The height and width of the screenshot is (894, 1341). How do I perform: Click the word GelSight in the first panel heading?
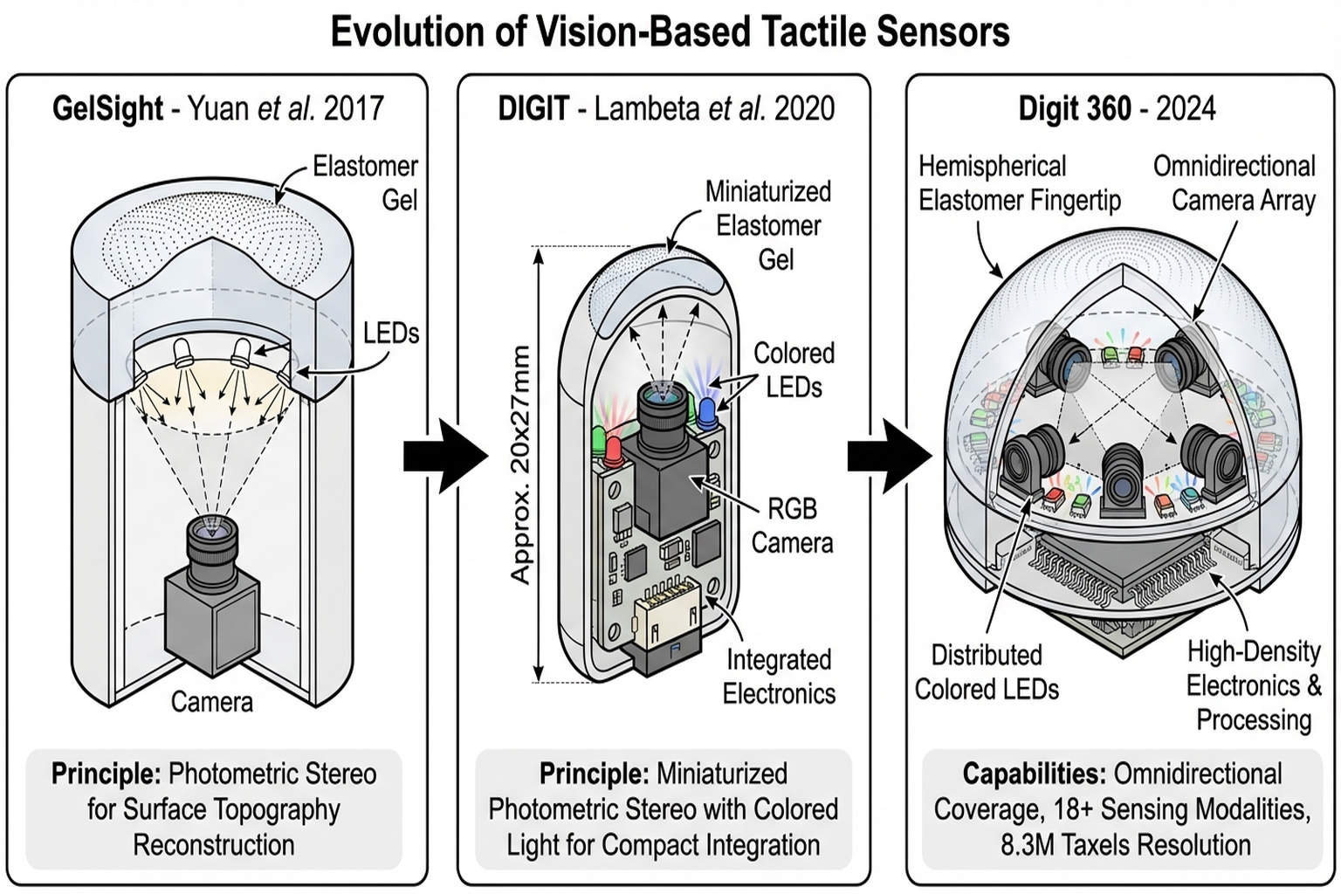(107, 109)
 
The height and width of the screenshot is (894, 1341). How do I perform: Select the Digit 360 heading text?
(1117, 109)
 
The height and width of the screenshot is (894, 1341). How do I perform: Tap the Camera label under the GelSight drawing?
(211, 702)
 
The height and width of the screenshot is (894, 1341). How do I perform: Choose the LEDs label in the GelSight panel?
(391, 333)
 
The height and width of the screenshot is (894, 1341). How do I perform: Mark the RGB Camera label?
(792, 526)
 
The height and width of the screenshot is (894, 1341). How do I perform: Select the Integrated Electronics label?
(779, 677)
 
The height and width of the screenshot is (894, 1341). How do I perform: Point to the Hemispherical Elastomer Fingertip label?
(1019, 183)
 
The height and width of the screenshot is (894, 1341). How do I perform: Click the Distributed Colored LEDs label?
(987, 672)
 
